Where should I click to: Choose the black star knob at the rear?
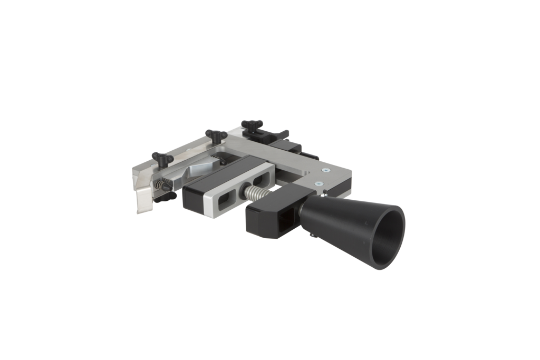pos(251,125)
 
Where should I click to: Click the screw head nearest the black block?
pos(319,183)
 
